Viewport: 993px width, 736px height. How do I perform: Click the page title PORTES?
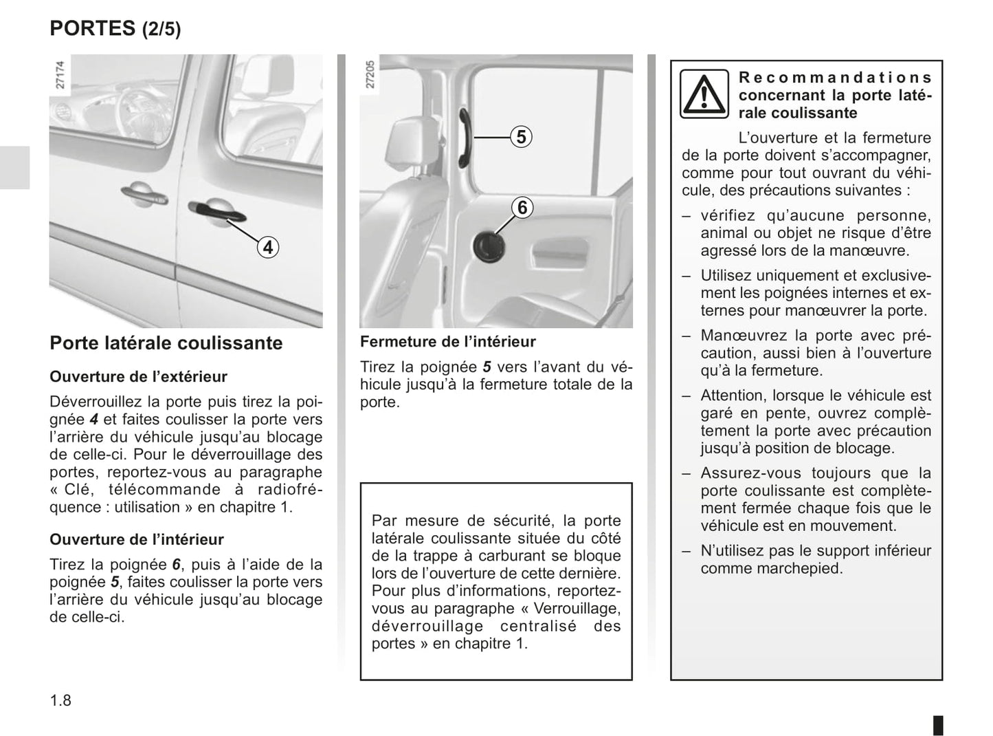tap(93, 28)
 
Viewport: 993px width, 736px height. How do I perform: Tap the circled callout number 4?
tap(268, 247)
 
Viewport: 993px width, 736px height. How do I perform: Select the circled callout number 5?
tap(522, 138)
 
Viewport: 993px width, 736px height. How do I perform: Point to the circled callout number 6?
tap(522, 207)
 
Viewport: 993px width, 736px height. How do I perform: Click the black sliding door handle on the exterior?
tap(216, 210)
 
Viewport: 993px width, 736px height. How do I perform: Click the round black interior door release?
tap(489, 246)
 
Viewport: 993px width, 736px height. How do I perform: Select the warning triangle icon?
tap(704, 94)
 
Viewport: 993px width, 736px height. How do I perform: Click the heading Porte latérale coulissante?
tap(166, 343)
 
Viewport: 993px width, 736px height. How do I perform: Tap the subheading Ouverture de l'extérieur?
tap(138, 377)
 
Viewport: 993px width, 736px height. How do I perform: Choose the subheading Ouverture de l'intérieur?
tap(137, 540)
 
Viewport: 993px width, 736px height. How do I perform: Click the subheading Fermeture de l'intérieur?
tap(447, 342)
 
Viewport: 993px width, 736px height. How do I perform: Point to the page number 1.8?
tap(60, 701)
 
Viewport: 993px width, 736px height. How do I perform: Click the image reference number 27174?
tap(60, 75)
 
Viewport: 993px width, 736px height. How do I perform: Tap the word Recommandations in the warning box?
tap(835, 78)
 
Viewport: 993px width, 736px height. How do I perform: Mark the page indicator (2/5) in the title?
tap(161, 30)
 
